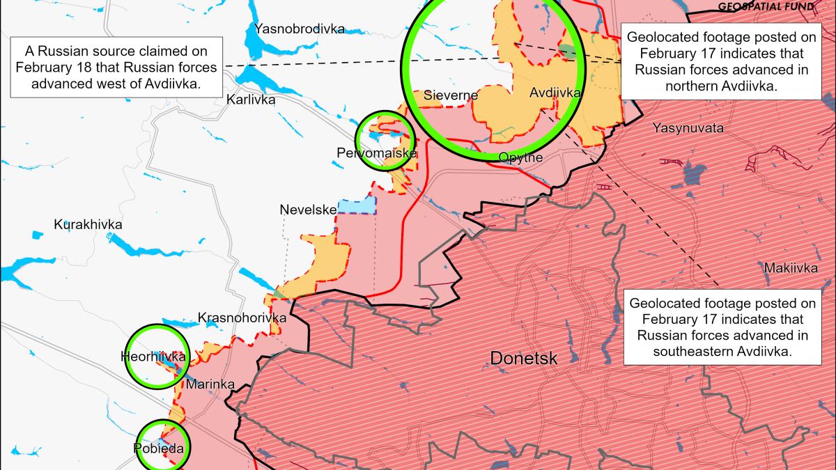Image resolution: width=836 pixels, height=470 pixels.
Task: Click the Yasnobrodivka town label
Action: [x=300, y=29]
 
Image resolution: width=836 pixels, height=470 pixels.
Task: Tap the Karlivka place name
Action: [x=251, y=100]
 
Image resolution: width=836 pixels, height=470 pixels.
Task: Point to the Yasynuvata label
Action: [x=688, y=128]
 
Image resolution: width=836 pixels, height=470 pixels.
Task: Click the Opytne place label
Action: [x=520, y=158]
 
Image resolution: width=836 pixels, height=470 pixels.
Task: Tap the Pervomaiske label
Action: [x=385, y=152]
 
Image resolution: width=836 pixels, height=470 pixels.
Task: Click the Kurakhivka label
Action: [x=88, y=225]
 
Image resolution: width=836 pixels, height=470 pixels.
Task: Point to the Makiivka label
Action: [x=794, y=267]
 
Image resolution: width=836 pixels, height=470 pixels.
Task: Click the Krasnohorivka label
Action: [x=242, y=318]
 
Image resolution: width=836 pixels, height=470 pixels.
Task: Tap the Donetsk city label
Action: [x=524, y=359]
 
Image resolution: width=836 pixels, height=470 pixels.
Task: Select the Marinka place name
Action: [x=210, y=384]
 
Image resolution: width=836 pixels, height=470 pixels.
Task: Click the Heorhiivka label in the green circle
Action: [x=153, y=357]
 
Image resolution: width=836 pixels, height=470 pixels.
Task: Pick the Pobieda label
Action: [x=158, y=448]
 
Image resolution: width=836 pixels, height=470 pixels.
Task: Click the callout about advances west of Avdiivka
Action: [x=116, y=68]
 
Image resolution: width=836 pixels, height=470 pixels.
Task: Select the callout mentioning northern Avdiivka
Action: [x=721, y=61]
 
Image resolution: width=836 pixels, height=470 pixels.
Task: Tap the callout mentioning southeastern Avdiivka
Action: [x=721, y=327]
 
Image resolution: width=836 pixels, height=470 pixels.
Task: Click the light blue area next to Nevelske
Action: [x=356, y=206]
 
